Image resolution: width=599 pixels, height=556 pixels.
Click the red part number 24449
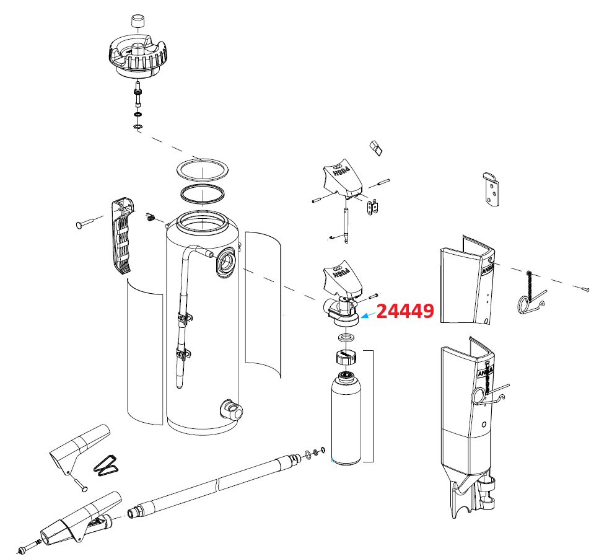404,311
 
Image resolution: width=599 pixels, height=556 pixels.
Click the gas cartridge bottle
346,418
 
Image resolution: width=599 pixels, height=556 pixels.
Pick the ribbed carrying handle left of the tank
123,236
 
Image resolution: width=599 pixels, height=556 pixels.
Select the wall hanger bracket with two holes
491,190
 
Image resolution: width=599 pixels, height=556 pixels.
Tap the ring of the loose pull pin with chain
525,303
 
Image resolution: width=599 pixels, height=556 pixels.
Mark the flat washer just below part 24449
346,337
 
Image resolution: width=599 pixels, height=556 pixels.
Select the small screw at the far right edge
586,288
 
